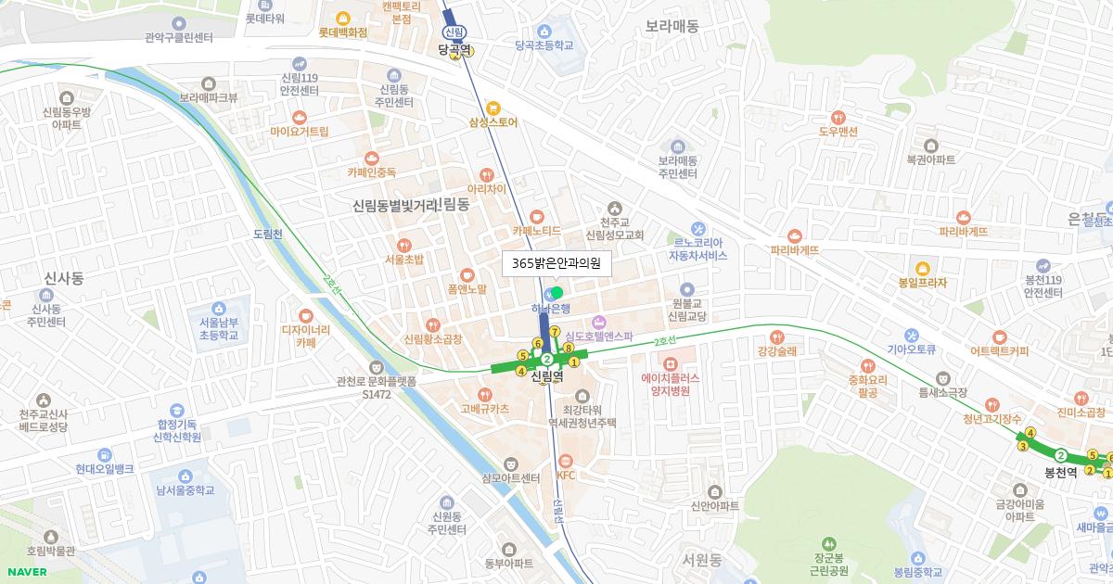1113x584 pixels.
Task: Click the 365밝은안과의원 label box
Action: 556,263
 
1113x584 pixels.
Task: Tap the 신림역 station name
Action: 547,376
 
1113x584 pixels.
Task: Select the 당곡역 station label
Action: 455,49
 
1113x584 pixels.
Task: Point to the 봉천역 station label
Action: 1060,472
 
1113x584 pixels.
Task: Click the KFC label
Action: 566,476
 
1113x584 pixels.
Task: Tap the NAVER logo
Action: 24,572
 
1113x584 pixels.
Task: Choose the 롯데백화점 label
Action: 343,32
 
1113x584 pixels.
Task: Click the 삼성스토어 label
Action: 493,121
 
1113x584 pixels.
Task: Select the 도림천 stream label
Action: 268,235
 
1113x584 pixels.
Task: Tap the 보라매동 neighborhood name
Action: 672,27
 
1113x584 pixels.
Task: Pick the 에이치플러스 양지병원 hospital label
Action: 671,384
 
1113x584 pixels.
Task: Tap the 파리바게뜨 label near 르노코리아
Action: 795,249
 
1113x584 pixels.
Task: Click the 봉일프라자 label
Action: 922,282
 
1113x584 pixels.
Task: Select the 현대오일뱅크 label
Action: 105,469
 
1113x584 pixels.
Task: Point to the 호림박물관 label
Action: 51,551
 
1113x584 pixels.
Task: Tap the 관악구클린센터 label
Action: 179,38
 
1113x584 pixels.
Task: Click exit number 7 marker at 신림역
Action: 555,332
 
